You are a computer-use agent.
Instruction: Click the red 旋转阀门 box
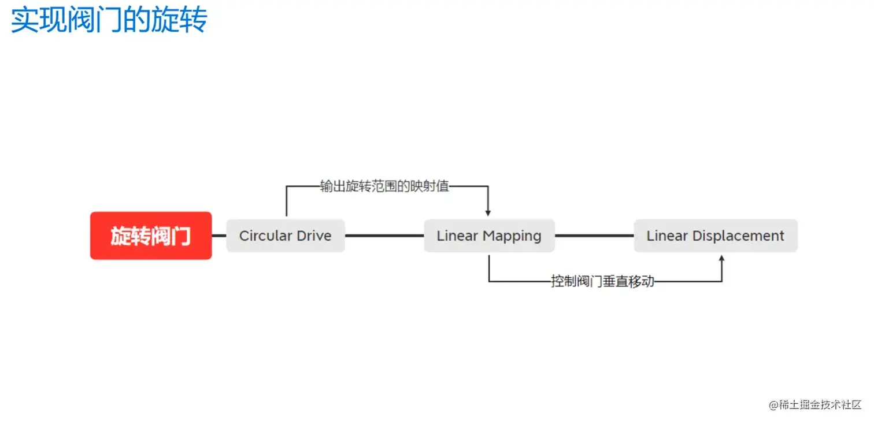151,236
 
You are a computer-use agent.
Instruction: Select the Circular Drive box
286,236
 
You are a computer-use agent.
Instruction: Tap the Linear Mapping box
489,236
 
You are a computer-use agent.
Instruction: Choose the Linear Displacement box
716,236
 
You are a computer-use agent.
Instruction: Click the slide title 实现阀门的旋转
109,20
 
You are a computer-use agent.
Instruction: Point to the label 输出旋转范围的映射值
385,186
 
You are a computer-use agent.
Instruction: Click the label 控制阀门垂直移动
602,282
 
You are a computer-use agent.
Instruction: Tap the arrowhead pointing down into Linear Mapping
488,212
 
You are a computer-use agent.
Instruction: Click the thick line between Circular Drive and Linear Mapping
384,236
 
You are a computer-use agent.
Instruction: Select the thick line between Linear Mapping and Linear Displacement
594,236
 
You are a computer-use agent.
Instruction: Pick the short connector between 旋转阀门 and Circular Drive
219,236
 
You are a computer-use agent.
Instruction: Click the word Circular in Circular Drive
265,236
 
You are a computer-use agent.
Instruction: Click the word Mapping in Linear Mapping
512,236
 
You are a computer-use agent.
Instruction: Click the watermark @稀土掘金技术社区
815,405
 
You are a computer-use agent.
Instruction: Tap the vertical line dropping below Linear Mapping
489,267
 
